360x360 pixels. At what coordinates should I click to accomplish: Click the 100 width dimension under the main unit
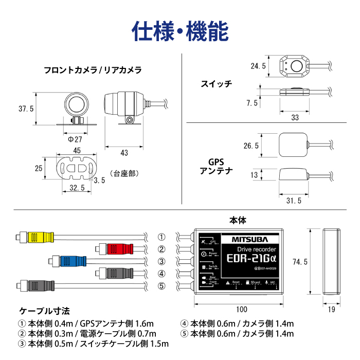pyautogui.click(x=241, y=310)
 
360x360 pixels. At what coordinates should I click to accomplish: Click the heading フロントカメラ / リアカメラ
pyautogui.click(x=93, y=70)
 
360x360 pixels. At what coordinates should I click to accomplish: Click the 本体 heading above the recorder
pyautogui.click(x=238, y=220)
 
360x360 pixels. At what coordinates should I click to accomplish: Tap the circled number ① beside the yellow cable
pyautogui.click(x=161, y=237)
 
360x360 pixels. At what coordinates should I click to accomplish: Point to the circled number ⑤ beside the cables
pyautogui.click(x=161, y=286)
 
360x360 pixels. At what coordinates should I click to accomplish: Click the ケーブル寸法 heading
pyautogui.click(x=44, y=311)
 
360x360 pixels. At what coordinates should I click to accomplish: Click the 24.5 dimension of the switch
pyautogui.click(x=258, y=66)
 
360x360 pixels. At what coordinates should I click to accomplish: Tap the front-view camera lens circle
pyautogui.click(x=76, y=104)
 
